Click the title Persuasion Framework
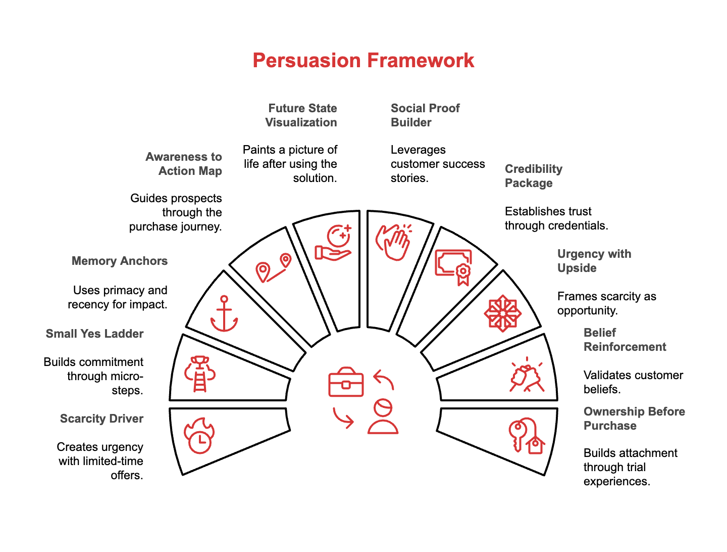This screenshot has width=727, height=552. point(363,61)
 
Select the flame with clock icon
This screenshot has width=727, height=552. point(199,436)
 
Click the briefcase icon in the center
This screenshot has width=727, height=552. point(346,382)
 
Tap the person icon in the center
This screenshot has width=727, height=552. point(383,417)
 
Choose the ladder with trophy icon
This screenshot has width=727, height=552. point(200,374)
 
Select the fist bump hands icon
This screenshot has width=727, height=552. point(526,377)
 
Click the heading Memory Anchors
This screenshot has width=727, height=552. point(120,261)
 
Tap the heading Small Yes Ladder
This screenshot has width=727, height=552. point(95,334)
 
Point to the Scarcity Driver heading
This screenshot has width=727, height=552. point(102,419)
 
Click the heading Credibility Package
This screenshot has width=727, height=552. point(534,176)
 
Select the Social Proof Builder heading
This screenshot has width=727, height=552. point(425,115)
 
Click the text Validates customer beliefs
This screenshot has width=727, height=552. point(633,382)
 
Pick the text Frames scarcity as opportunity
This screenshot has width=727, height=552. point(607,303)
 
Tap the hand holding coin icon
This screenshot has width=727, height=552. point(334,243)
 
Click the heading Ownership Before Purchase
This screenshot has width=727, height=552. point(634,419)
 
